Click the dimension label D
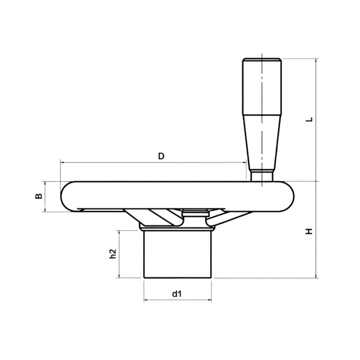pos(162,156)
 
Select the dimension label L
pos(308,119)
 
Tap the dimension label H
pos(308,231)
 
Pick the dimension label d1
pos(177,294)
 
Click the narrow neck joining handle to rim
pos(262,175)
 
